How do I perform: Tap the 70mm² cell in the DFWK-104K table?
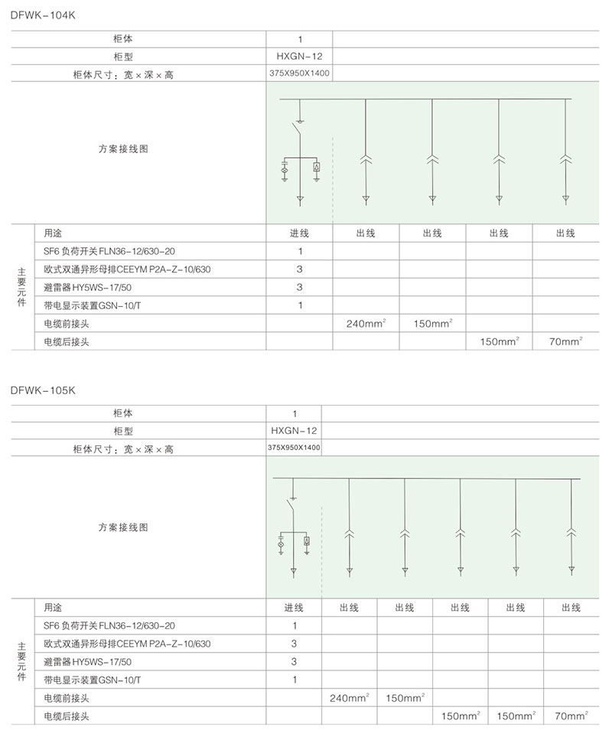point(566,342)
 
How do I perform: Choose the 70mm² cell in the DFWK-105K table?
point(571,716)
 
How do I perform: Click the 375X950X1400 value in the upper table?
point(299,74)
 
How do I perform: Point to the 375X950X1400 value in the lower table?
point(294,448)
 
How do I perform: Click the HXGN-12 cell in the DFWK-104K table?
point(299,56)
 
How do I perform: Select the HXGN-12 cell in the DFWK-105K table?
point(294,431)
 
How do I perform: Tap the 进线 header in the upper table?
point(299,233)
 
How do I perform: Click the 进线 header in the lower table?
point(294,608)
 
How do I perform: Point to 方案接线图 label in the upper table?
point(122,149)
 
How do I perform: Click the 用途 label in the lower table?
point(53,608)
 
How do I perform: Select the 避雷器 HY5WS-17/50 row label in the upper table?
point(88,288)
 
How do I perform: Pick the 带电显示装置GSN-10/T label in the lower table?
point(93,680)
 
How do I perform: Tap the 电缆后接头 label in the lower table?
point(67,716)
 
